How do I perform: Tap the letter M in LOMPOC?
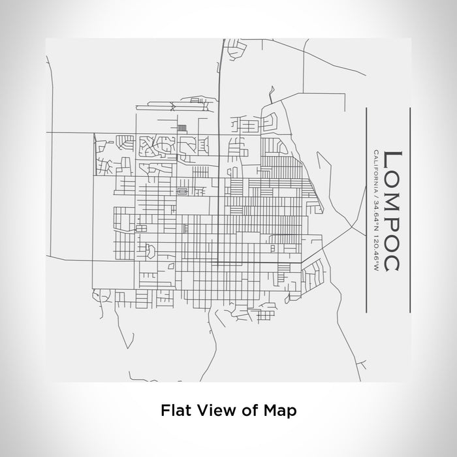click(394, 197)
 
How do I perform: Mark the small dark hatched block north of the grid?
click(181, 128)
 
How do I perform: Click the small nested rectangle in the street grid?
click(182, 191)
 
